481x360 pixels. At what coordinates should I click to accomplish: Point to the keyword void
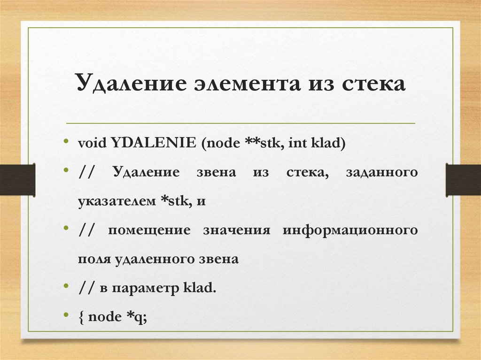pyautogui.click(x=93, y=143)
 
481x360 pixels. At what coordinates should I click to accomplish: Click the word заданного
pyautogui.click(x=381, y=172)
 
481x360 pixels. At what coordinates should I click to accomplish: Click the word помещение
pyautogui.click(x=149, y=230)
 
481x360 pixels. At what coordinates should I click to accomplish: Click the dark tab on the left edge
pyautogui.click(x=17, y=179)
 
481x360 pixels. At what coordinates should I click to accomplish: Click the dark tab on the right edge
pyautogui.click(x=463, y=179)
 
